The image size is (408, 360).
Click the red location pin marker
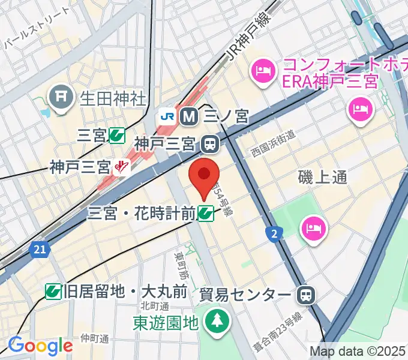coord(203,177)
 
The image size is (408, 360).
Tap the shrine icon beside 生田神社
coord(60,97)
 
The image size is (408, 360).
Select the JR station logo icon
coord(166,116)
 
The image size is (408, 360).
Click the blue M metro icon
coord(189,116)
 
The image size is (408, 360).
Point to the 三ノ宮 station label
coord(226,116)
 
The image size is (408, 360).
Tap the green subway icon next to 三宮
coord(117,137)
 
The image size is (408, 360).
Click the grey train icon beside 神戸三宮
coord(210,144)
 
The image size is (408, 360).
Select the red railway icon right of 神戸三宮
coord(122,166)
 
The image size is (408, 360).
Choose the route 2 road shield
coord(274,233)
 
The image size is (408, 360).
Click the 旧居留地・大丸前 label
coord(125,292)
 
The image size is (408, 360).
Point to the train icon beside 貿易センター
coord(306,294)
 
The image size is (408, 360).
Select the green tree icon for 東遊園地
coord(214,322)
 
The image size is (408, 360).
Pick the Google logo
coord(40,346)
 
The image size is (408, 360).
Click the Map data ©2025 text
coord(358,351)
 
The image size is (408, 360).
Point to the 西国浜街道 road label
coord(274,143)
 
